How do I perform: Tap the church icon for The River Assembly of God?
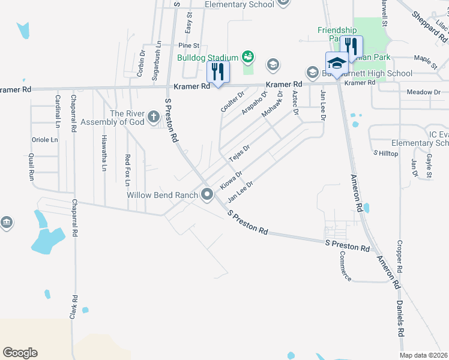coord(153,116)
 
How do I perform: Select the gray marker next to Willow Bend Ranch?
coord(208,194)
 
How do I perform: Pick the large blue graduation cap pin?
coord(336,64)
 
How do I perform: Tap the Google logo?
coord(20,353)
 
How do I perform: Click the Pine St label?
coord(188,45)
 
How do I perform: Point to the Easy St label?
coord(188,23)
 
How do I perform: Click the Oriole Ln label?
coord(44,140)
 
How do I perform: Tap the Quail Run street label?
coord(31,166)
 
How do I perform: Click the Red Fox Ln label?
coord(127,169)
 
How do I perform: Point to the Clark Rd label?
coord(74,307)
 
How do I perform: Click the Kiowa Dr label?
coord(231,180)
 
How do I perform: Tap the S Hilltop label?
coord(385,154)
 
